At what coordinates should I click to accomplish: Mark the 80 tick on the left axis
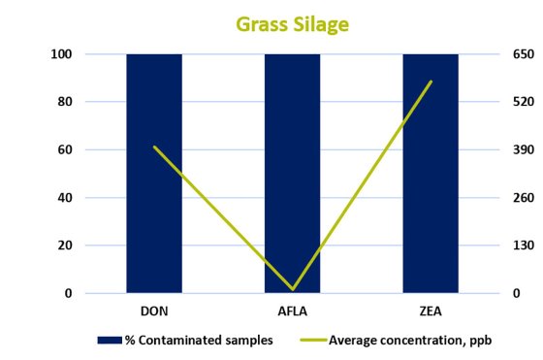pyautogui.click(x=65, y=102)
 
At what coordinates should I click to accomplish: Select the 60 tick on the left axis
pyautogui.click(x=65, y=149)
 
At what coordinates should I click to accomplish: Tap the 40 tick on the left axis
pyautogui.click(x=65, y=198)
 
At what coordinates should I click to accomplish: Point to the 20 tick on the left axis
pyautogui.click(x=65, y=245)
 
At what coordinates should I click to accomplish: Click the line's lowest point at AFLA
pyautogui.click(x=293, y=289)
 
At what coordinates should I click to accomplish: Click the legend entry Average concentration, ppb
pyautogui.click(x=398, y=341)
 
